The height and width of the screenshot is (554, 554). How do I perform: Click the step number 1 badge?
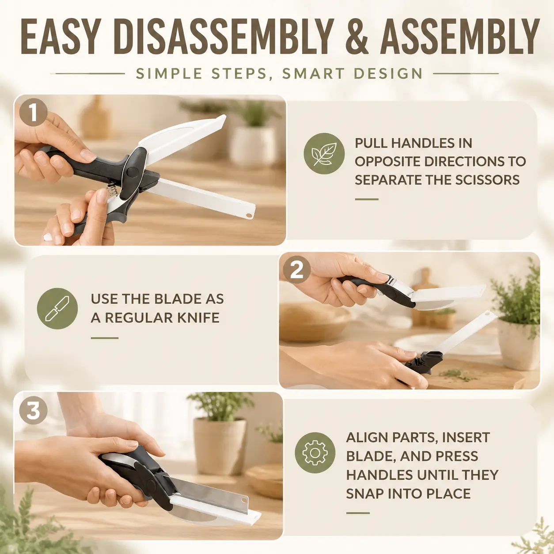[x=33, y=112]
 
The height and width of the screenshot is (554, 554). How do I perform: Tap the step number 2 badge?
[x=297, y=270]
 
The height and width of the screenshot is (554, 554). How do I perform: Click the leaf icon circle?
[x=324, y=154]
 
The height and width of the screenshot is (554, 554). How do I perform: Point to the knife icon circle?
[x=57, y=308]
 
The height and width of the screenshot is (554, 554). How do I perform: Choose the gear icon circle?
[x=315, y=453]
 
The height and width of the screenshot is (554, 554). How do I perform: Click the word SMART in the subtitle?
[x=313, y=74]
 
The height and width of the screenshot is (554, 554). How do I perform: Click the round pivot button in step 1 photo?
[x=133, y=172]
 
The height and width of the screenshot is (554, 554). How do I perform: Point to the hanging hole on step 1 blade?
[x=249, y=215]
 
